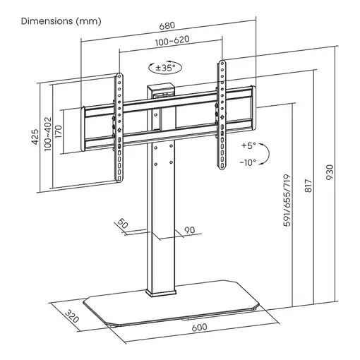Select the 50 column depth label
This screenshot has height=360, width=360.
(124, 224)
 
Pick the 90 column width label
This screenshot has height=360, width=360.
(188, 230)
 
